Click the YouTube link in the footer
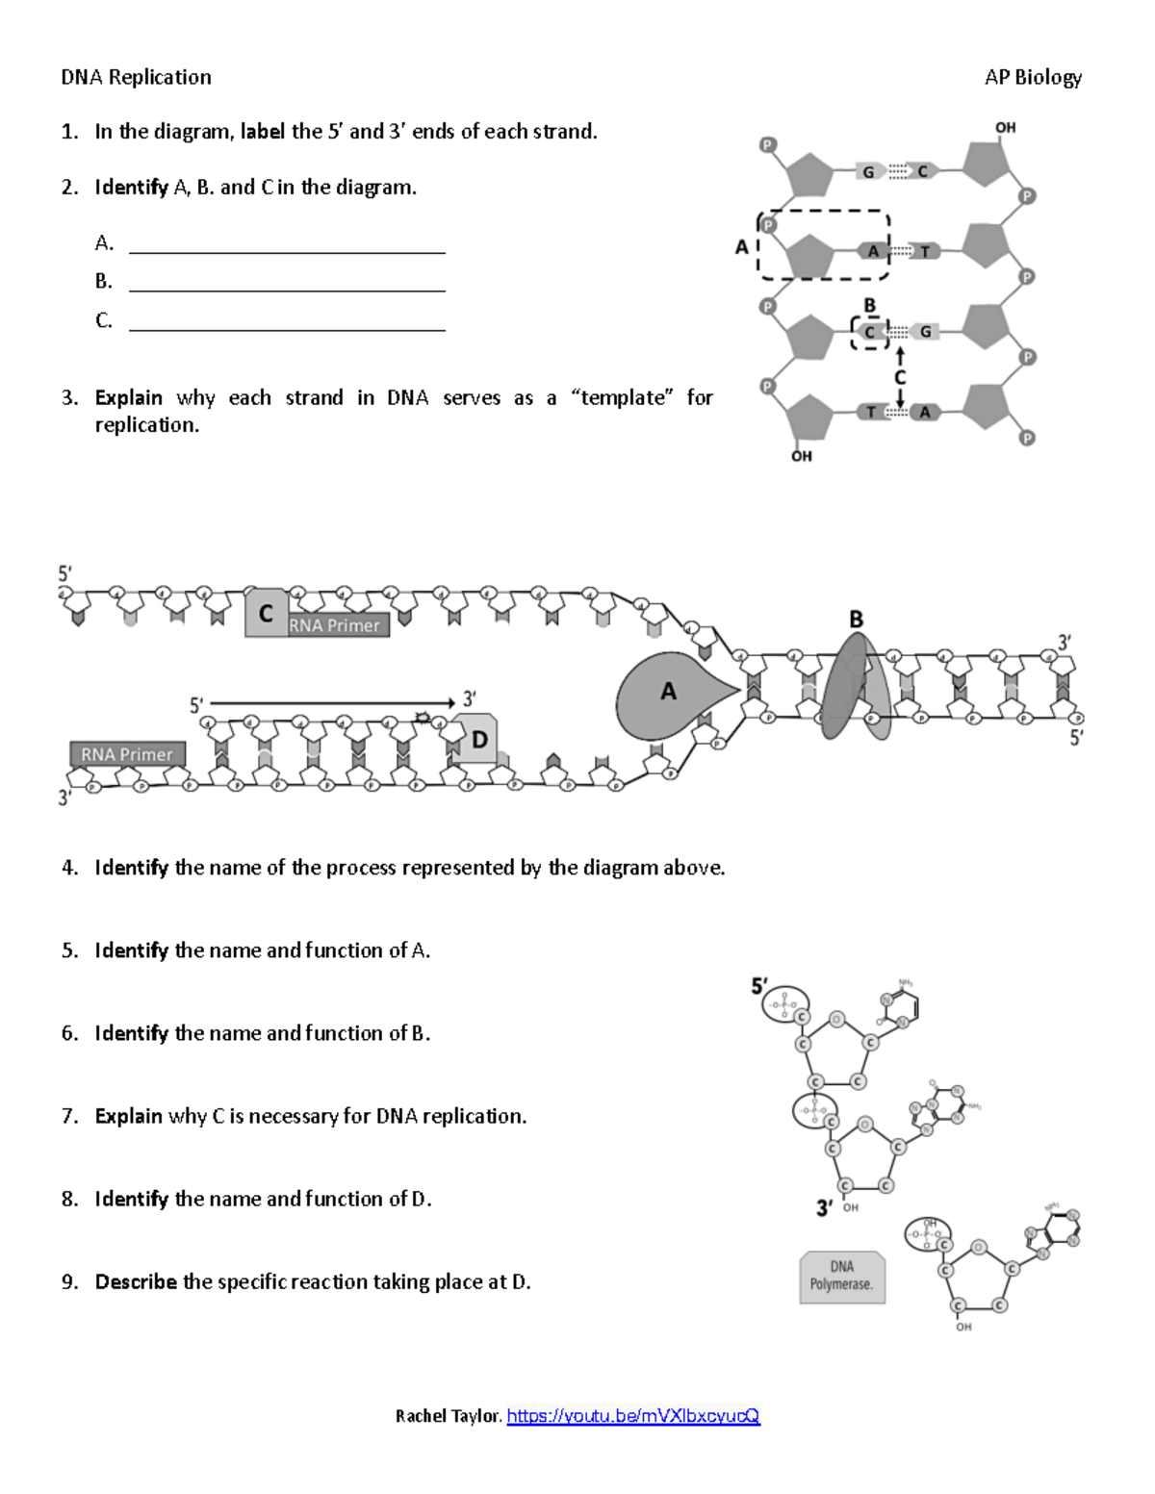point(633,1415)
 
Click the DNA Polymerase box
point(841,1277)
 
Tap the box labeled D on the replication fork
point(477,739)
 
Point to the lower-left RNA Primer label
point(127,754)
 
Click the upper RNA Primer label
point(335,625)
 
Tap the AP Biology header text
point(1033,77)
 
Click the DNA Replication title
point(136,77)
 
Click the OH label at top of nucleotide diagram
point(1005,127)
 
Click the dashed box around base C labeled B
point(870,333)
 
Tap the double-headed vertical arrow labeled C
point(900,378)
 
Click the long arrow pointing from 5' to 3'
point(331,703)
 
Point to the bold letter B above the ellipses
point(856,620)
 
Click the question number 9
point(69,1281)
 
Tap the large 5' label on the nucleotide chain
point(759,986)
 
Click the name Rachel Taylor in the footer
point(448,1415)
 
